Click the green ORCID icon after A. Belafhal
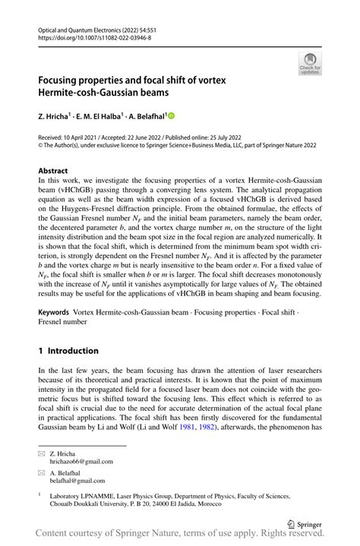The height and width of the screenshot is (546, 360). (x=171, y=116)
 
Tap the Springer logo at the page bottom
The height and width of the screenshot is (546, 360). (x=303, y=524)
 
